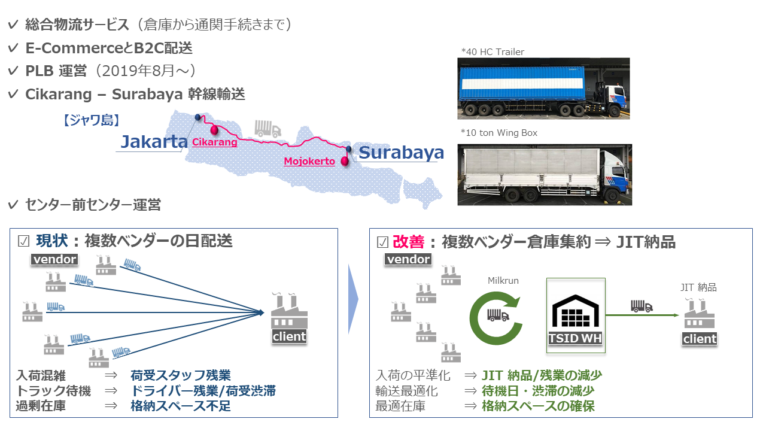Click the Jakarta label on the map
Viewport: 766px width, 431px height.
point(154,141)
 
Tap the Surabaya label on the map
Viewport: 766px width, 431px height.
point(401,152)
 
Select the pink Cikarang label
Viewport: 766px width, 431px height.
point(214,142)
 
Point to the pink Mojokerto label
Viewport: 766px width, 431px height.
point(309,162)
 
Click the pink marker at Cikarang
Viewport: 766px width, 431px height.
point(214,129)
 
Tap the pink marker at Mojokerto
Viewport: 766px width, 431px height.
point(344,160)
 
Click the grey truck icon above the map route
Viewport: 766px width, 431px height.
point(267,128)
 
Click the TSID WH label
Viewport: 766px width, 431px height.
point(575,338)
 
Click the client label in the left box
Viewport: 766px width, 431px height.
point(289,336)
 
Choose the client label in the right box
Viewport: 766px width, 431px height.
point(700,339)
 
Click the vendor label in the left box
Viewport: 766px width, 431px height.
point(54,259)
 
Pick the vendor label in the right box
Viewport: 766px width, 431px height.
point(408,259)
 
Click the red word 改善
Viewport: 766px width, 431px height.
point(408,242)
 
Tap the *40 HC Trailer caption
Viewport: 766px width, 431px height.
point(493,52)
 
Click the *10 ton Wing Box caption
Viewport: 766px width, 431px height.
point(499,133)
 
